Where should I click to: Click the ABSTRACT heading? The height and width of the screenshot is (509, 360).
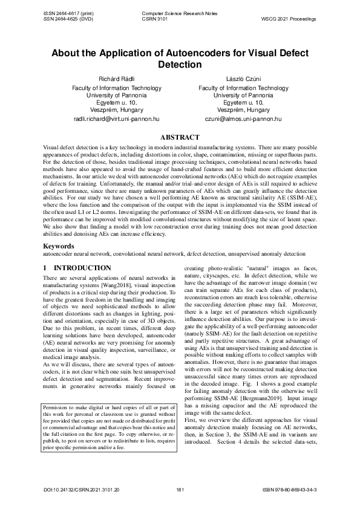click(180, 138)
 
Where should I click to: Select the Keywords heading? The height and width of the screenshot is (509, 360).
click(61, 247)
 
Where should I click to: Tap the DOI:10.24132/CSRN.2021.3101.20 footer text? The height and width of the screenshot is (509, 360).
click(82, 488)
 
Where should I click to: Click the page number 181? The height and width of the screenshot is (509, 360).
click(179, 488)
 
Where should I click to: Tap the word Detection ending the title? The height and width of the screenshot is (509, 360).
click(180, 64)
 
